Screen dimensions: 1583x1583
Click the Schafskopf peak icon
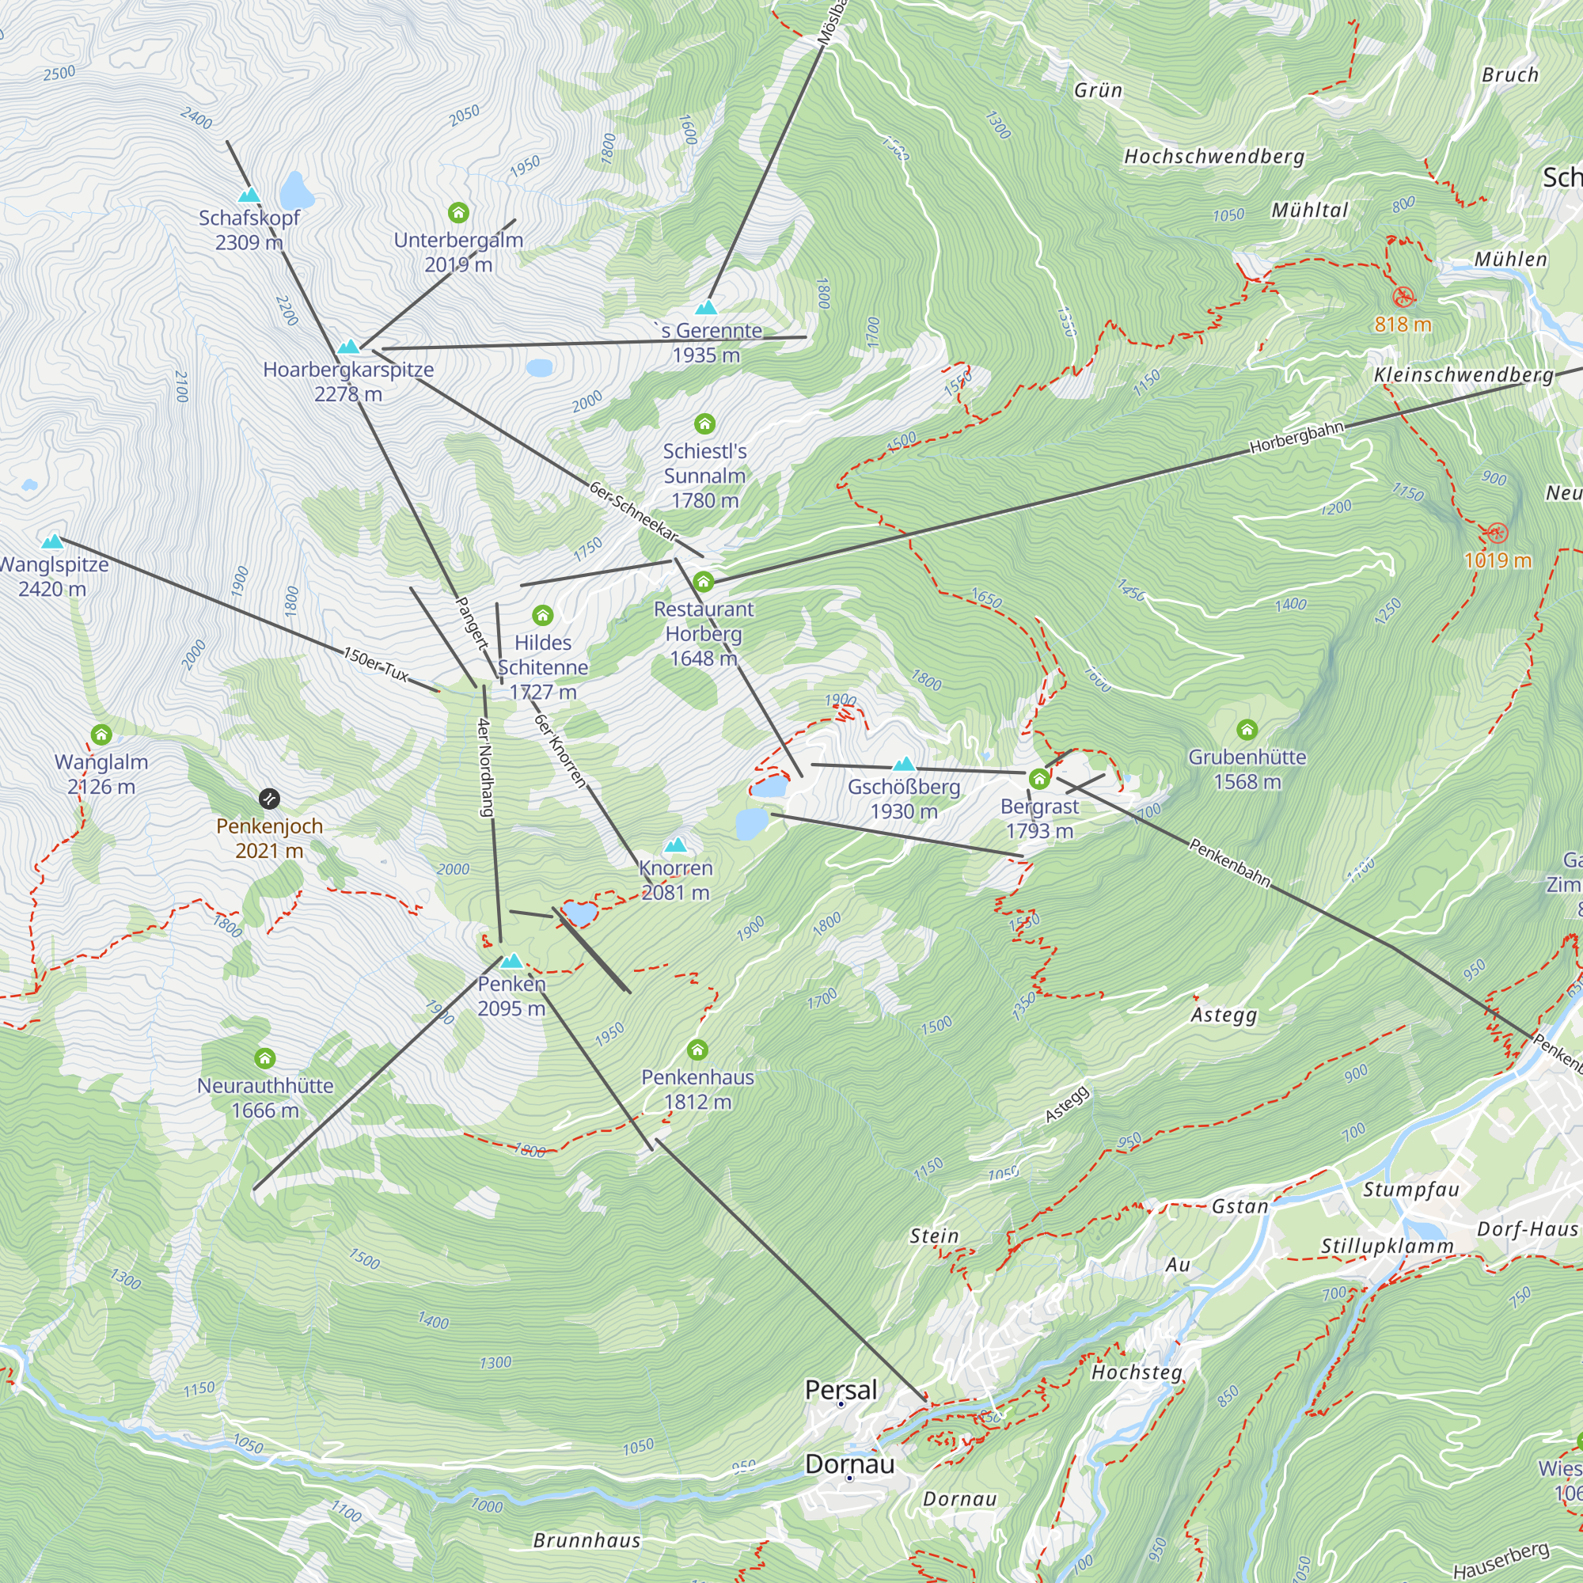click(249, 195)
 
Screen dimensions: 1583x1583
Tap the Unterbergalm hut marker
click(458, 213)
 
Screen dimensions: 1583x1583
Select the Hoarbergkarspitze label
click(348, 370)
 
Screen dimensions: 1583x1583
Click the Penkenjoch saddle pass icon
click(269, 798)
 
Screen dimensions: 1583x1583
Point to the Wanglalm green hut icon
click(101, 735)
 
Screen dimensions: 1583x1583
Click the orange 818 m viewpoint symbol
click(1403, 296)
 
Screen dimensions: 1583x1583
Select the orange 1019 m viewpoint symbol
click(1496, 533)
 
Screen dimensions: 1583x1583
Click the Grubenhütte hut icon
click(1247, 729)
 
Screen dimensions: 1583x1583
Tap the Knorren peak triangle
click(675, 845)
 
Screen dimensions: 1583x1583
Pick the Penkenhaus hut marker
click(697, 1050)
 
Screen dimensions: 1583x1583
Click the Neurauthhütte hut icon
click(264, 1058)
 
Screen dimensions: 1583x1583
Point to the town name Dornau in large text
click(848, 1464)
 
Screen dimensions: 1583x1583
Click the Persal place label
click(841, 1390)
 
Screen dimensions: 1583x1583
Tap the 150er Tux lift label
click(375, 665)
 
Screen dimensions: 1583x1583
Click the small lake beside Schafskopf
click(296, 191)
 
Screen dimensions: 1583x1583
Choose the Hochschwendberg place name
click(1213, 157)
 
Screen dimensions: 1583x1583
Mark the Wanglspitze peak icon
click(52, 541)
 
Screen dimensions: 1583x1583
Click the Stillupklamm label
click(1387, 1247)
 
